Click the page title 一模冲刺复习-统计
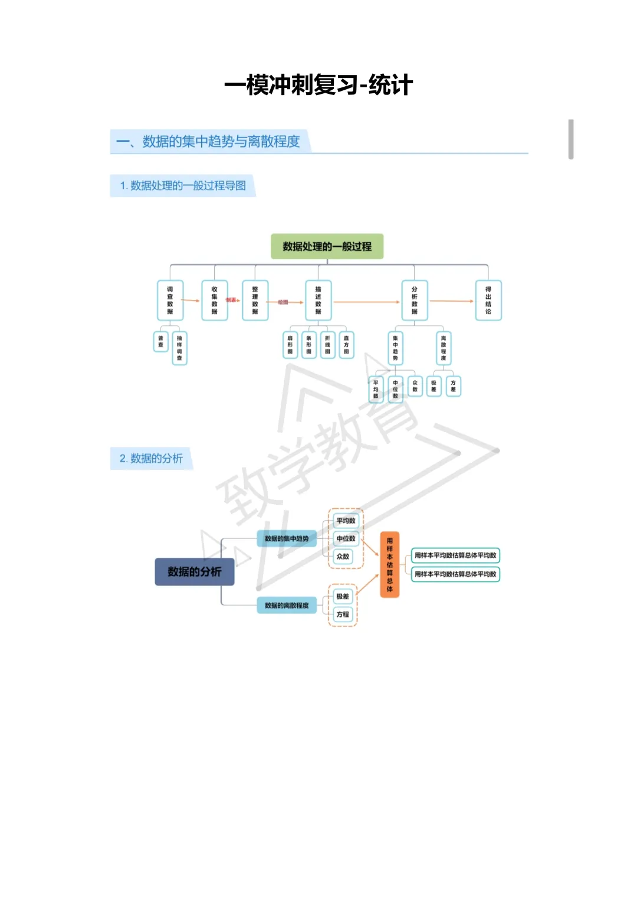(318, 85)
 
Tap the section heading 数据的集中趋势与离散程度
(221, 142)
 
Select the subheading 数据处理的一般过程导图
(188, 185)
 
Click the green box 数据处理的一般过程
(327, 247)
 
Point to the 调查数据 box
(170, 300)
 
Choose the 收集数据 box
(214, 300)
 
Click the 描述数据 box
(318, 300)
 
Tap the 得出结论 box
(488, 300)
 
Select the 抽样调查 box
(179, 348)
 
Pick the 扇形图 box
(290, 345)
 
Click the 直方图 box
(346, 345)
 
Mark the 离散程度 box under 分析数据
(444, 348)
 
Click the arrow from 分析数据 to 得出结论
(452, 301)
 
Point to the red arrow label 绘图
(283, 302)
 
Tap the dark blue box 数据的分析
(195, 571)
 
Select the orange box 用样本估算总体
(389, 564)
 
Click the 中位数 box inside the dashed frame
(346, 538)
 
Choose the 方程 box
(343, 615)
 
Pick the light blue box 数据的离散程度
(287, 605)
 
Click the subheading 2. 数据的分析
(152, 458)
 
